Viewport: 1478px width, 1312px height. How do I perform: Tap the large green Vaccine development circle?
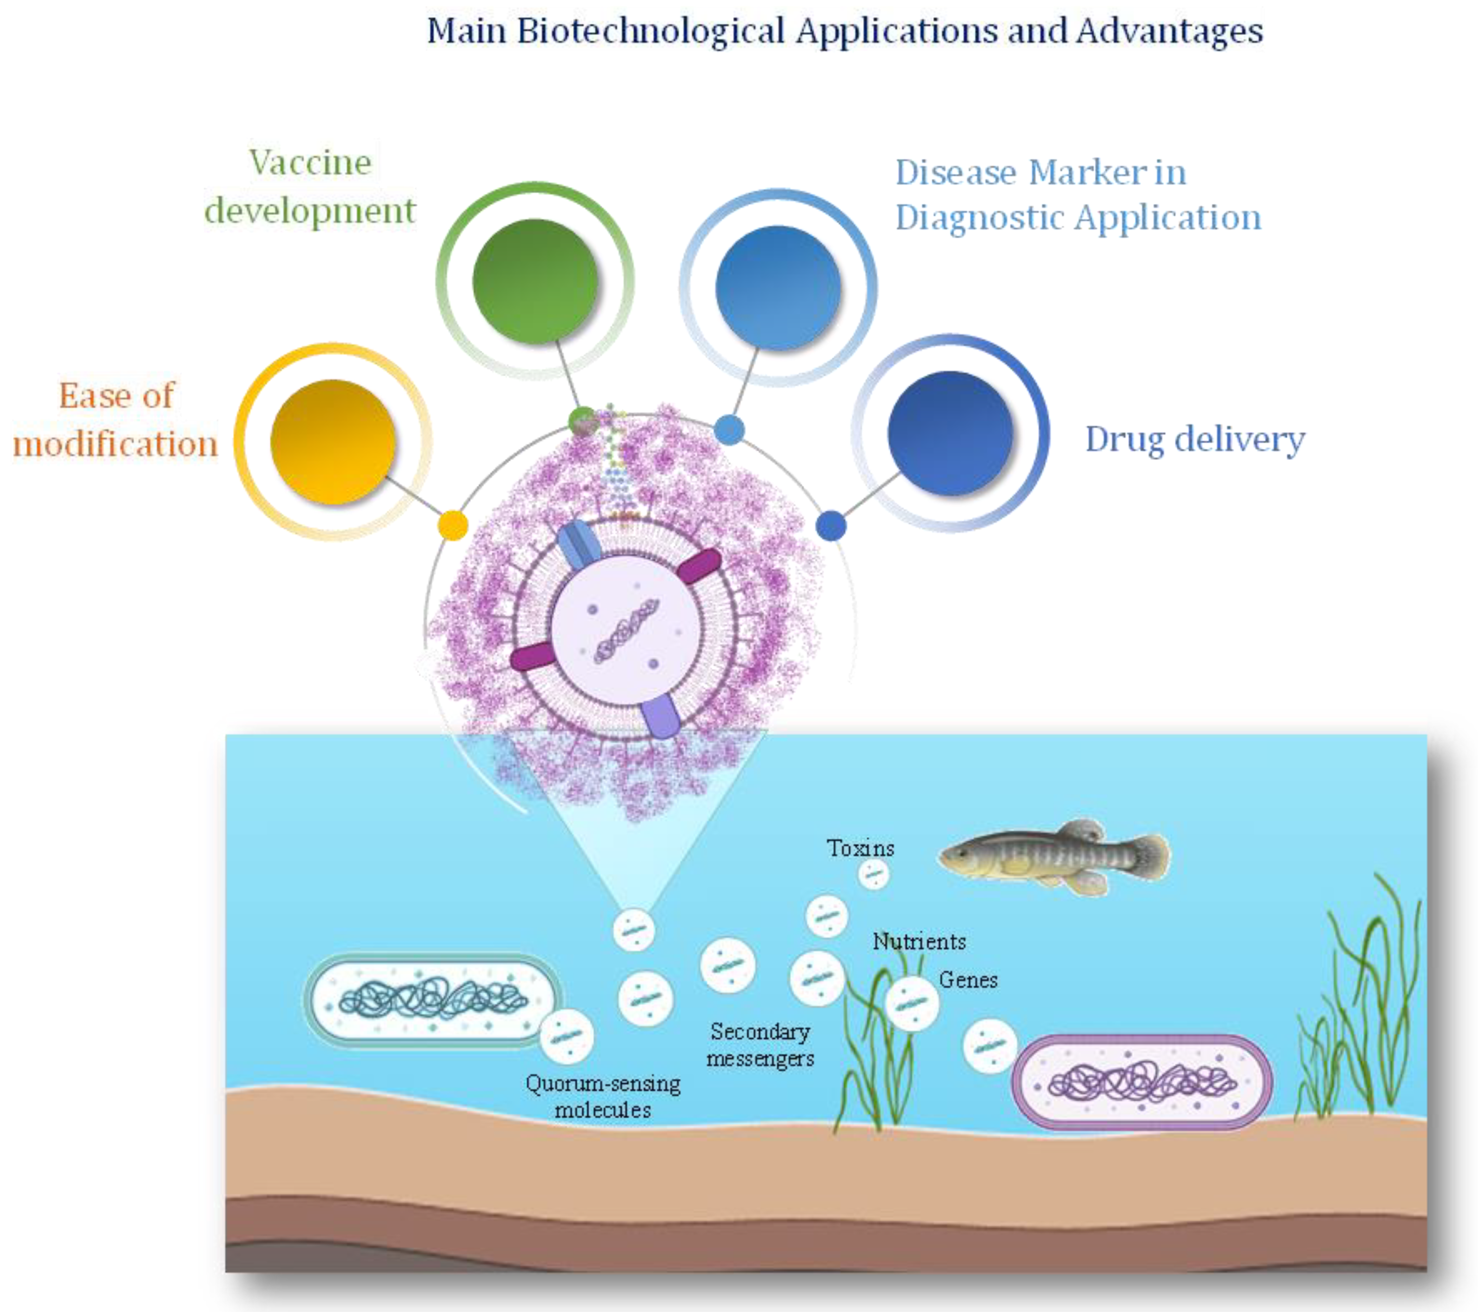tap(535, 280)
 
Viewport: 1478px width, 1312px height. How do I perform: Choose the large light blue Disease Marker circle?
tap(778, 288)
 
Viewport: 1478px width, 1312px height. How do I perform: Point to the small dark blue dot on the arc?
tap(831, 526)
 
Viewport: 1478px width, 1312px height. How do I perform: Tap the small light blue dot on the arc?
tap(729, 430)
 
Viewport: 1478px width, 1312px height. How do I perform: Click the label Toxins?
tap(860, 848)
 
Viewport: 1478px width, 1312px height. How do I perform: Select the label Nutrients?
tap(919, 941)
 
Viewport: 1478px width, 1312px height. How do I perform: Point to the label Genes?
tap(968, 980)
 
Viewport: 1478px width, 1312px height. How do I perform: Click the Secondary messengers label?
tap(760, 1044)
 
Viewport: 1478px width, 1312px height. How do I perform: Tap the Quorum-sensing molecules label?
tap(603, 1096)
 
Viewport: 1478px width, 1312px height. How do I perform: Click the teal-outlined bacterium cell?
tap(432, 1000)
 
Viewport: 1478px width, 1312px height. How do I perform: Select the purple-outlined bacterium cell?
tap(1142, 1082)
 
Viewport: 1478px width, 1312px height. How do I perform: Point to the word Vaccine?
tap(310, 162)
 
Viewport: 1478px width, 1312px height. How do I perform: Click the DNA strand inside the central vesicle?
tap(626, 629)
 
